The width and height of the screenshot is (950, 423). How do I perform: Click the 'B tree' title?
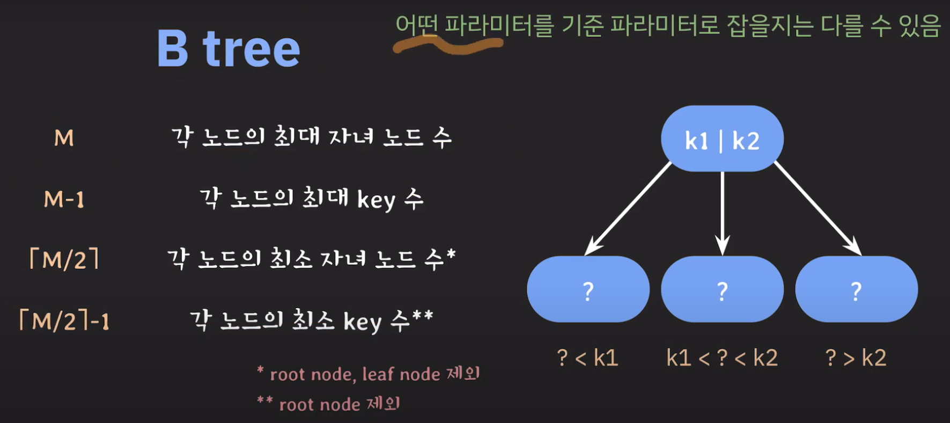coord(228,48)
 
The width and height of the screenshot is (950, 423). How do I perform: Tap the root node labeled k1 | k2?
coord(722,139)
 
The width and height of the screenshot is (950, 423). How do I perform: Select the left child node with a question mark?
coord(588,290)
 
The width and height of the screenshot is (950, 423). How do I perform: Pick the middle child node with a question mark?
coord(722,290)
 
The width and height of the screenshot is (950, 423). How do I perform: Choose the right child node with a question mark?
coord(856,290)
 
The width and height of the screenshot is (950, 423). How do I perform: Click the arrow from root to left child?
coord(628,208)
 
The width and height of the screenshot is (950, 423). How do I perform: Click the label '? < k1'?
coord(588,358)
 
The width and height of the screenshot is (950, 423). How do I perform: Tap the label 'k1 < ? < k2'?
coord(722,358)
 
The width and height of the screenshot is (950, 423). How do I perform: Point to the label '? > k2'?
coord(856,358)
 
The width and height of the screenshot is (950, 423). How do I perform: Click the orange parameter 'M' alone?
coord(64,138)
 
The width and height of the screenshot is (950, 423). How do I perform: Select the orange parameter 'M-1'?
coord(64,200)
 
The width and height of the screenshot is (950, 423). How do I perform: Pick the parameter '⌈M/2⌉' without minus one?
coord(64,260)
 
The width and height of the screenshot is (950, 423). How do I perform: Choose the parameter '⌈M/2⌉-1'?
coord(64,321)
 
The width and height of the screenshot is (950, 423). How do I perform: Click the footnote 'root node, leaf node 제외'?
coord(374,374)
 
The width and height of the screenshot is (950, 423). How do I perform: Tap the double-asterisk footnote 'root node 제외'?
coord(339,404)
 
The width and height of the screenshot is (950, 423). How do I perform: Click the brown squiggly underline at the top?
coord(448,46)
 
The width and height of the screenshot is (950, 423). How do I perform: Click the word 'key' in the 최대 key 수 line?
coord(376,200)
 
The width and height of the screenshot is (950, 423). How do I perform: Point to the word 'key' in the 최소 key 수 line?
coord(362,322)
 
